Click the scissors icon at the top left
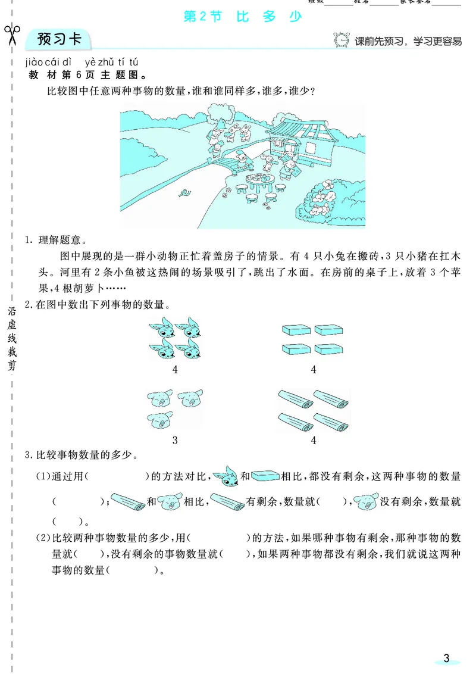(x=11, y=36)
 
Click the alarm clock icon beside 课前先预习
(x=342, y=40)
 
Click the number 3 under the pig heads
(x=175, y=441)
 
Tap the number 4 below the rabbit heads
(x=175, y=370)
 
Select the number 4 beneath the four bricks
(x=313, y=370)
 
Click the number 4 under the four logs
(x=313, y=441)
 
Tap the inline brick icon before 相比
(x=265, y=476)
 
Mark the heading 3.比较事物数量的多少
(x=79, y=457)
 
